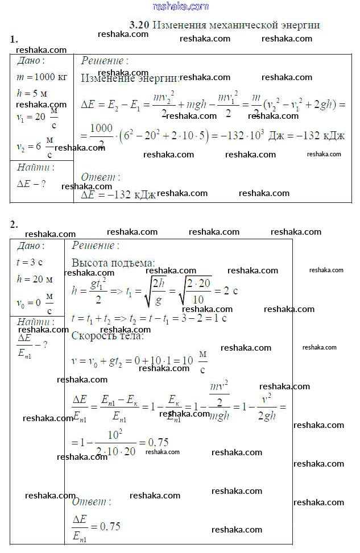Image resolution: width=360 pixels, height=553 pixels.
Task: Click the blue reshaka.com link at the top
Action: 181,6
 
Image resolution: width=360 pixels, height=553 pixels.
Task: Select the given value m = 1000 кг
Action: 42,77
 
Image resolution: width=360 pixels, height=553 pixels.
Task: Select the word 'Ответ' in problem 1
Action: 100,177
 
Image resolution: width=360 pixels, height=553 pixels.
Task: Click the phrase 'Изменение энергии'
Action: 130,78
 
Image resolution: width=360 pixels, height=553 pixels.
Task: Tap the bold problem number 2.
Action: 14,224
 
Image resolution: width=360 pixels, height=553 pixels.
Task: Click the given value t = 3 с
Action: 30,263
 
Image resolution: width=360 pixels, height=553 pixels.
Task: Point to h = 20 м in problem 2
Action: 35,279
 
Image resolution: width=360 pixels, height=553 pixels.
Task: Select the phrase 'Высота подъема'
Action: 113,263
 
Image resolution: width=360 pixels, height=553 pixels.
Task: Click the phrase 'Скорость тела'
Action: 107,335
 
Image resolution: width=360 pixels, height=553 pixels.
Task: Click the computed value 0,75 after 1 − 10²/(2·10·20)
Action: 158,442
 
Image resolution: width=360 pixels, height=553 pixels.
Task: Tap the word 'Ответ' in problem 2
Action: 91,502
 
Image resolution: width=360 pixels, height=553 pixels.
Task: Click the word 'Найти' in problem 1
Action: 35,168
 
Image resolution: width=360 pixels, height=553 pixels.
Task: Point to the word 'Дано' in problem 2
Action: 31,246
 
